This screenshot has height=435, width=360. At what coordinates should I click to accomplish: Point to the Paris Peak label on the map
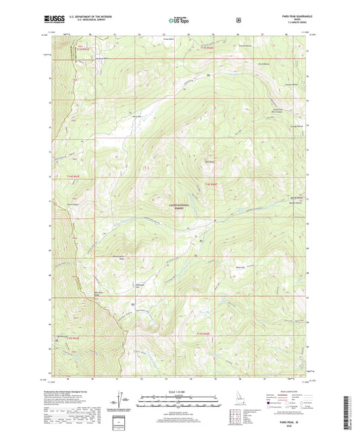click(x=209, y=161)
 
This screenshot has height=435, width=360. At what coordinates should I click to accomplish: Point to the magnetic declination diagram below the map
click(x=127, y=405)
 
